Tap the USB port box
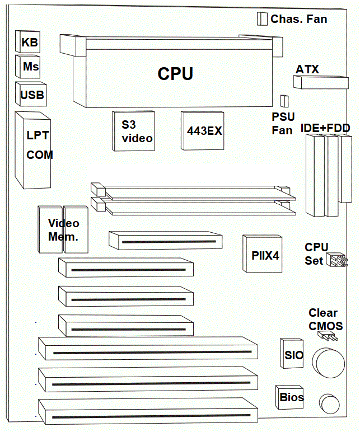click(31, 94)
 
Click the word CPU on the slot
click(175, 73)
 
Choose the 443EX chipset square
click(203, 130)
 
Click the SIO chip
click(293, 355)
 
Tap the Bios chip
click(291, 397)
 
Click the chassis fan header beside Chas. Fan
click(261, 19)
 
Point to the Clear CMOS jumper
click(326, 336)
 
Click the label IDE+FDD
click(325, 128)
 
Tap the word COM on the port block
click(40, 155)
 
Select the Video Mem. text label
click(63, 230)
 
